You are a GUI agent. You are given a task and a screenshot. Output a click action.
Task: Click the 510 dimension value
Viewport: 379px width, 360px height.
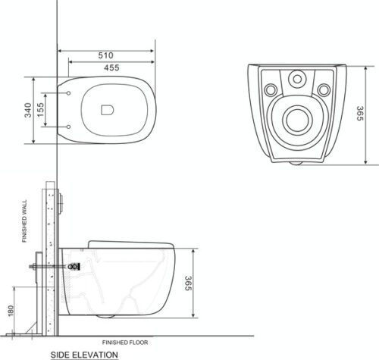pyautogui.click(x=105, y=55)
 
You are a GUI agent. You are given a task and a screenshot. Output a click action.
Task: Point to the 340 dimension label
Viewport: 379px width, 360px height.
pyautogui.click(x=28, y=110)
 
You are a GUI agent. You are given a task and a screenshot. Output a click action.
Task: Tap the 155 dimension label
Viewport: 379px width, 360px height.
pyautogui.click(x=49, y=110)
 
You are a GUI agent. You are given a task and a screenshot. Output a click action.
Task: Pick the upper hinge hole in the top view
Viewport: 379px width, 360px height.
pyautogui.click(x=70, y=94)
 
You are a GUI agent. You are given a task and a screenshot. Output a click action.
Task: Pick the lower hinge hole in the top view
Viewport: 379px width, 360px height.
pyautogui.click(x=70, y=126)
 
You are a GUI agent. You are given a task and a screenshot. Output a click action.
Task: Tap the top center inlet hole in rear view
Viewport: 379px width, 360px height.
pyautogui.click(x=296, y=78)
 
